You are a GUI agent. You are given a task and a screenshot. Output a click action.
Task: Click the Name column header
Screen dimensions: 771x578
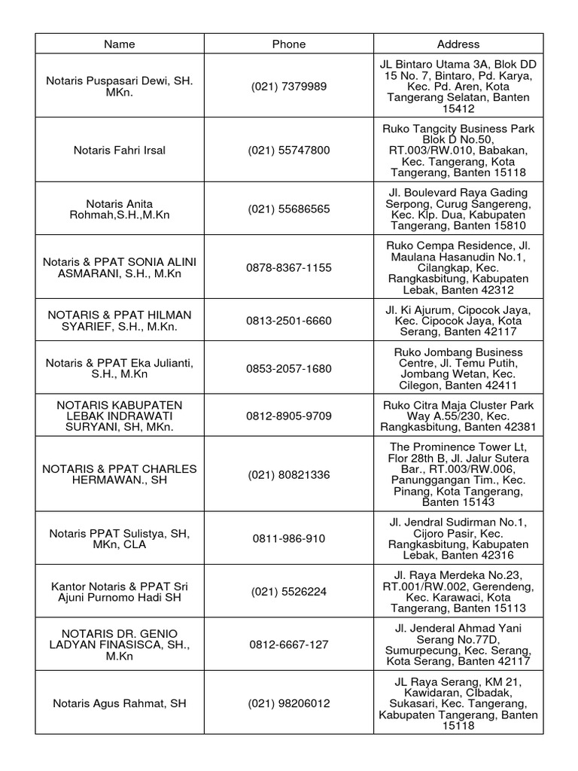tap(120, 44)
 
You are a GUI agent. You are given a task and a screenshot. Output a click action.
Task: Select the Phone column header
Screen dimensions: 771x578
tap(289, 44)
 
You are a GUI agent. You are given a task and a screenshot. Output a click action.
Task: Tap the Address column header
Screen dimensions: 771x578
tap(458, 44)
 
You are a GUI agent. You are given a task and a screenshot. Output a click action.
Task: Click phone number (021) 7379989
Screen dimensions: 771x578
tap(289, 87)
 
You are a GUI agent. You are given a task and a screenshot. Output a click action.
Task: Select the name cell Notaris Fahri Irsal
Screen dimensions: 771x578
tap(120, 151)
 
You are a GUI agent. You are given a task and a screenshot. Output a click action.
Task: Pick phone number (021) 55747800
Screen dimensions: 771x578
tap(289, 151)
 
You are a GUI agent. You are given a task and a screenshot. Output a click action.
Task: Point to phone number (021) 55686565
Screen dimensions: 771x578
tap(289, 209)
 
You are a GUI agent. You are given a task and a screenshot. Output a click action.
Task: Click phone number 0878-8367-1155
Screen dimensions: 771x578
tap(289, 267)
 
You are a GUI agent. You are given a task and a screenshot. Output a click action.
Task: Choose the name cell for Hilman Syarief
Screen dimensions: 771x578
tap(120, 320)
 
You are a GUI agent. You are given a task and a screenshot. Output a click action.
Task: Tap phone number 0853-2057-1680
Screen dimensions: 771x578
tap(289, 368)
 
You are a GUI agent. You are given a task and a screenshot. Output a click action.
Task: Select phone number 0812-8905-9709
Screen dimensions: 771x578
tap(289, 416)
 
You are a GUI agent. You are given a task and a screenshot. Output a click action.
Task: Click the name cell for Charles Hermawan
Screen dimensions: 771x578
tap(120, 474)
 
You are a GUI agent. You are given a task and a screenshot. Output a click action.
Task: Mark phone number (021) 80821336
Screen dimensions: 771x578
tap(289, 474)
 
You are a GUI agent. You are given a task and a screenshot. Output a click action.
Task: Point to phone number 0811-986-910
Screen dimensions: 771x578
tap(289, 538)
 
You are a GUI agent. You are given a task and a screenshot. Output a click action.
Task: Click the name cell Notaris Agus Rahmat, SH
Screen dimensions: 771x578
tap(120, 704)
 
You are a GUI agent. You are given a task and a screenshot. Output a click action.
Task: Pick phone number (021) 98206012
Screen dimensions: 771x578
tap(289, 704)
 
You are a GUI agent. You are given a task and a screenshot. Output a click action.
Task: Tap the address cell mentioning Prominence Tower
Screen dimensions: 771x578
tap(458, 474)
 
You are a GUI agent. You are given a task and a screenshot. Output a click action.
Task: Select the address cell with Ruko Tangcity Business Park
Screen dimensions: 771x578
tap(458, 151)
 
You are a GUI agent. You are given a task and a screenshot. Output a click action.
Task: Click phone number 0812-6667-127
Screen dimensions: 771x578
tap(289, 645)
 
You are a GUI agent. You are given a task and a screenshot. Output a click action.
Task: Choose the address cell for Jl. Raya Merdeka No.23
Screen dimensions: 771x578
tap(458, 592)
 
